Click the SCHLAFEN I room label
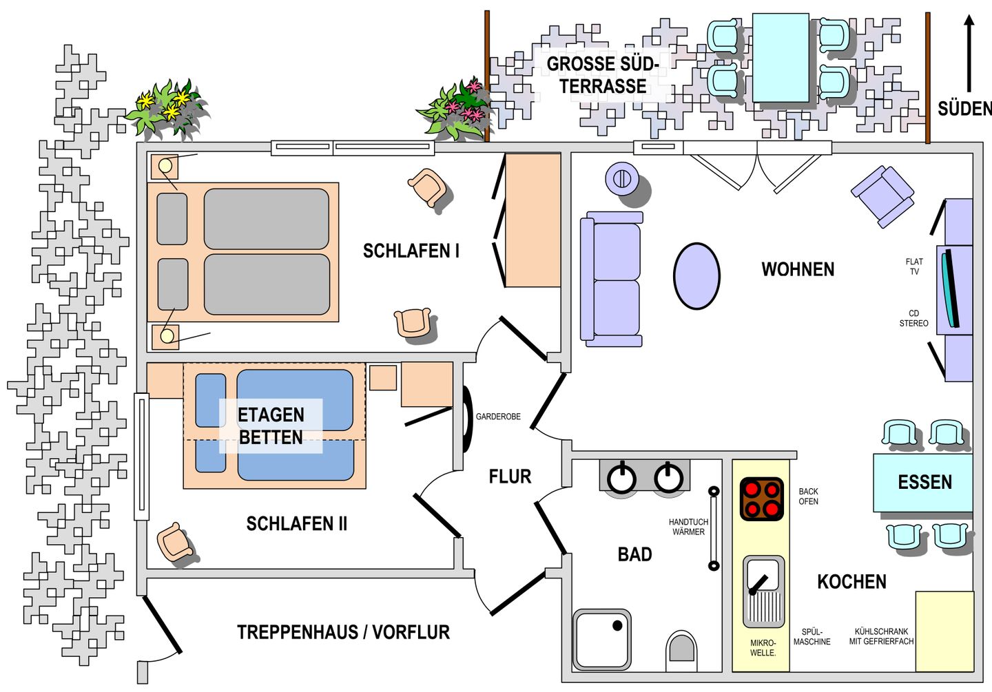(411, 251)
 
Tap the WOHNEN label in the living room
(798, 269)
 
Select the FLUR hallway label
(510, 476)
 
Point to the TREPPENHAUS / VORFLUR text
(343, 632)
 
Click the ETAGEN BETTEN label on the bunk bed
(271, 426)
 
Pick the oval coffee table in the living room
(696, 276)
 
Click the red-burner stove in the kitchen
(762, 499)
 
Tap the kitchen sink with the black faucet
(763, 592)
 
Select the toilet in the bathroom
(681, 651)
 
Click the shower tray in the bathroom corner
(602, 639)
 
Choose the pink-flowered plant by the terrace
(456, 109)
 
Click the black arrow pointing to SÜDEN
(969, 53)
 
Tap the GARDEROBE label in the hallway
(498, 417)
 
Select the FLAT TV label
(915, 266)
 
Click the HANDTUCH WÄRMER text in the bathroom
(688, 527)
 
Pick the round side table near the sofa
(622, 178)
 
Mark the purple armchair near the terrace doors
(882, 196)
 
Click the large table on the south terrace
(781, 58)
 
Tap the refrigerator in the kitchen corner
(944, 631)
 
